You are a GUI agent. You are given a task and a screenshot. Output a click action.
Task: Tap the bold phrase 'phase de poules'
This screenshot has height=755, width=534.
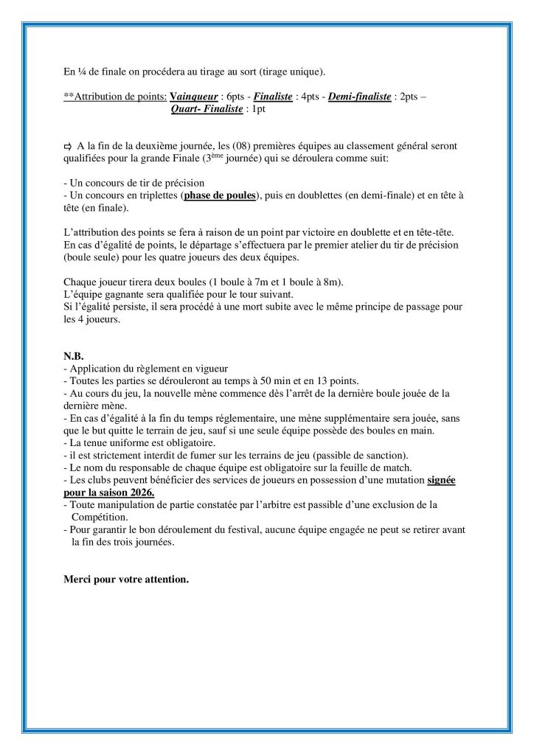(221, 195)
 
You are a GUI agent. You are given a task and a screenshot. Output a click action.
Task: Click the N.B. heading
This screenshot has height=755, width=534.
(74, 356)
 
